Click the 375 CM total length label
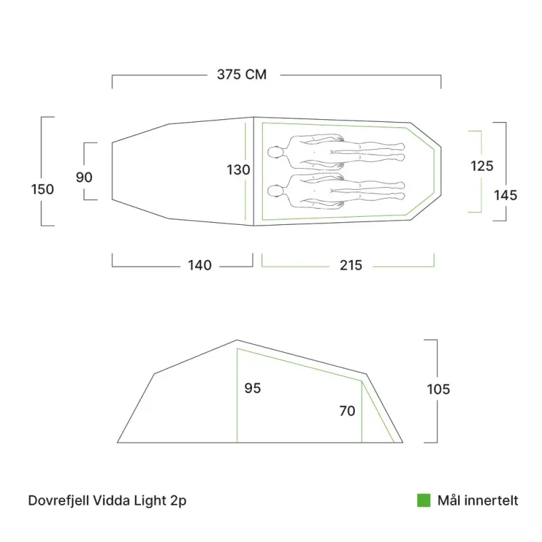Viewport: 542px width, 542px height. pos(242,75)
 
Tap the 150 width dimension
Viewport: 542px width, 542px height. pos(43,190)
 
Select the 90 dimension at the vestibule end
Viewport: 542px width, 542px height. pos(84,178)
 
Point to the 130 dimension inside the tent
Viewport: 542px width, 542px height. pos(238,170)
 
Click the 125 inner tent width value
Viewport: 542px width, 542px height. pos(482,166)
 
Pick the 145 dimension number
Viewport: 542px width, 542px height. pos(505,196)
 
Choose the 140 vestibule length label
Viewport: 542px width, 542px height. pos(200,266)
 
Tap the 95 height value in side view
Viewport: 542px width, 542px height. pos(253,389)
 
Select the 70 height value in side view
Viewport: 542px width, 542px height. pos(348,411)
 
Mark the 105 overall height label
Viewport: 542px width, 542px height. pos(438,390)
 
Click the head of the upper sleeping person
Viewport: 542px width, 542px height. pos(275,153)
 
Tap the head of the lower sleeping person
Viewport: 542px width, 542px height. pos(275,190)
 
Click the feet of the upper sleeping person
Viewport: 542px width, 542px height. pos(399,152)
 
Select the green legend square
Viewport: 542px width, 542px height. pos(423,501)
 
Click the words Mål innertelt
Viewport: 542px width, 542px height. pos(478,501)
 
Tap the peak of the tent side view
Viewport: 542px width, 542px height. pos(237,340)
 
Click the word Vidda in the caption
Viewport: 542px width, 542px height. pos(109,501)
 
